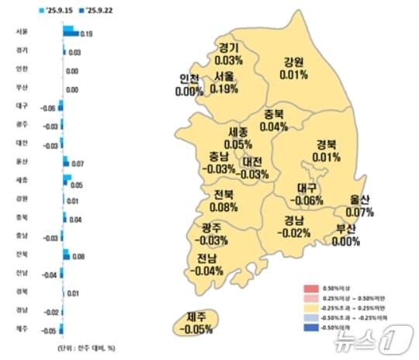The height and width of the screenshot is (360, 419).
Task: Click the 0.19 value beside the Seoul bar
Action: pos(86,34)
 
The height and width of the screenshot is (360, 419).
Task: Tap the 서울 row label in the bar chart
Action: pos(22,32)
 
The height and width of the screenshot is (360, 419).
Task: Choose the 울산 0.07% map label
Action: pos(359,206)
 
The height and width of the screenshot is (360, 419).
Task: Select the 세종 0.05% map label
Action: pos(238,138)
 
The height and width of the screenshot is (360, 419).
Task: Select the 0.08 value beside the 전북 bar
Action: pos(80,254)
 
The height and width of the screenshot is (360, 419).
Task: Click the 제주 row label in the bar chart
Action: pos(22,329)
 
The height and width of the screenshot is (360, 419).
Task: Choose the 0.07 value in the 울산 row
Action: pos(77,164)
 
